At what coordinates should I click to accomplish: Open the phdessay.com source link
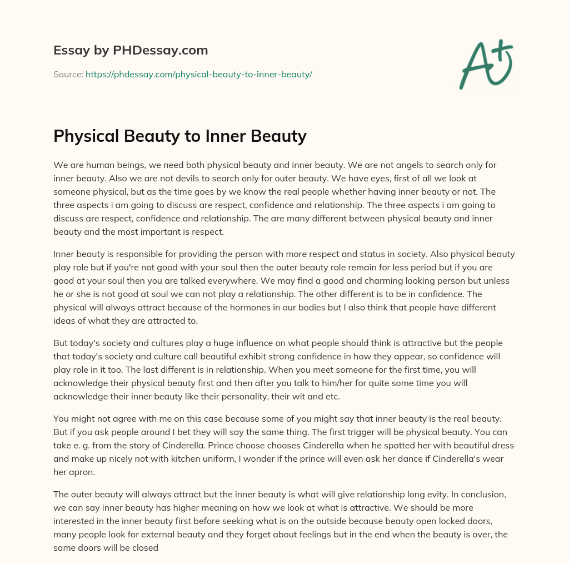pyautogui.click(x=199, y=74)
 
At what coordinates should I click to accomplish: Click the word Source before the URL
pyautogui.click(x=68, y=74)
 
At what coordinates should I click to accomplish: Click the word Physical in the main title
pyautogui.click(x=89, y=136)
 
